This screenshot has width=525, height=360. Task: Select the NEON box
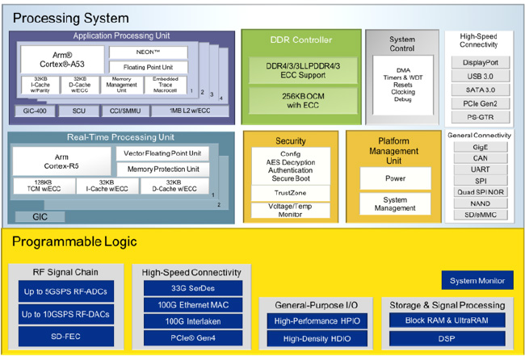pos(149,52)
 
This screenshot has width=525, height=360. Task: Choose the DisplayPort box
pos(481,62)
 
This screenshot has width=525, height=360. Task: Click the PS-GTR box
pos(481,117)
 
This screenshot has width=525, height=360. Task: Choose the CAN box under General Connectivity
pos(481,159)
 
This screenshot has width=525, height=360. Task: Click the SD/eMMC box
pos(481,215)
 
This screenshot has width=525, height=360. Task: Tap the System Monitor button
pos(476,281)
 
